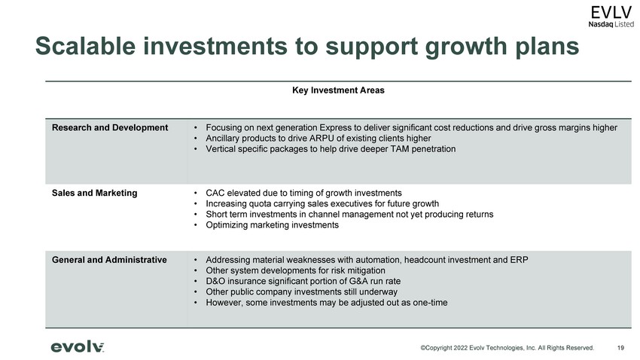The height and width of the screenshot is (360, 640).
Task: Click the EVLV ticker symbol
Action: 611,13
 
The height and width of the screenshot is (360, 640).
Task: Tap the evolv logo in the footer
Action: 77,347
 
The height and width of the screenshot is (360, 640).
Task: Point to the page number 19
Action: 620,348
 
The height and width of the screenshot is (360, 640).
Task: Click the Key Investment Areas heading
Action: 338,90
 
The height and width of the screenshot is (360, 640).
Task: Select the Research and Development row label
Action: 110,128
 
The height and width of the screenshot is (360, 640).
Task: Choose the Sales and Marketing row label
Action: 94,193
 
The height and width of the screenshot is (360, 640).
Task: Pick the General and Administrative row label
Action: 109,260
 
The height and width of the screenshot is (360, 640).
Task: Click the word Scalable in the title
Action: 85,46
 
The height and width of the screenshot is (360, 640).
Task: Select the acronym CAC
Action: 215,193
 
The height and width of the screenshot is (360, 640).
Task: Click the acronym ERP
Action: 519,260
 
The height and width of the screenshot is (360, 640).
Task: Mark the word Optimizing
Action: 226,225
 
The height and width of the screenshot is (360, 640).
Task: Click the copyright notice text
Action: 507,348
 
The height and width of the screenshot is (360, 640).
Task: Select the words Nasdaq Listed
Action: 611,25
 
